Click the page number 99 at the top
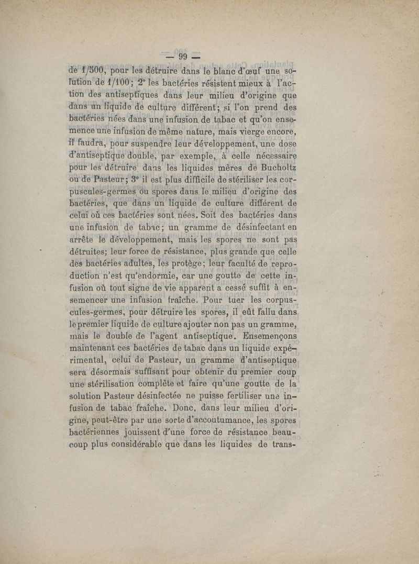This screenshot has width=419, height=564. pos(183,57)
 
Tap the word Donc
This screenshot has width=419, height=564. pos(188,408)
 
